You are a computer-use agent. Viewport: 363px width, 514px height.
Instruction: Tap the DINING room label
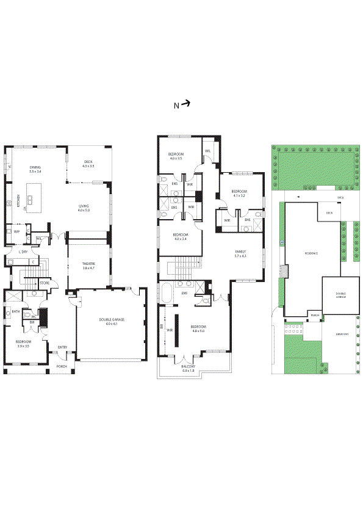pos(34,167)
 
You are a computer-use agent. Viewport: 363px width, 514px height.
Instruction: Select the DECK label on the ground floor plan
pos(88,162)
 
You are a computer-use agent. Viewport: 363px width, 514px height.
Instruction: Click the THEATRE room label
pos(88,264)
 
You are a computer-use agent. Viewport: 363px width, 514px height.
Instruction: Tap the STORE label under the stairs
pos(45,283)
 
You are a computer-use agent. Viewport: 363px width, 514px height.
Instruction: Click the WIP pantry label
pos(16,231)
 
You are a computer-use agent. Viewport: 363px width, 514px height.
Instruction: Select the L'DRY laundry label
pos(24,252)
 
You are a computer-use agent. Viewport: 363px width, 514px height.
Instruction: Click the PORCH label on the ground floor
pos(62,367)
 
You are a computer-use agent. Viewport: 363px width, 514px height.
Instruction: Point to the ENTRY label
pos(62,347)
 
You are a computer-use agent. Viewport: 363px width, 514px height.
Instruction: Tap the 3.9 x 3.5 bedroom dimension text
pos(23,346)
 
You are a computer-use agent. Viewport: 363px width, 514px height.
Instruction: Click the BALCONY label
pos(188,367)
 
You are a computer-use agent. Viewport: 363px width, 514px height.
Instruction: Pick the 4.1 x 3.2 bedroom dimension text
pos(239,196)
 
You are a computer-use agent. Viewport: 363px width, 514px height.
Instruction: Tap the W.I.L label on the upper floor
pos(208,151)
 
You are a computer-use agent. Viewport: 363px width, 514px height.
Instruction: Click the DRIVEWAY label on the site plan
pos(342,335)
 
